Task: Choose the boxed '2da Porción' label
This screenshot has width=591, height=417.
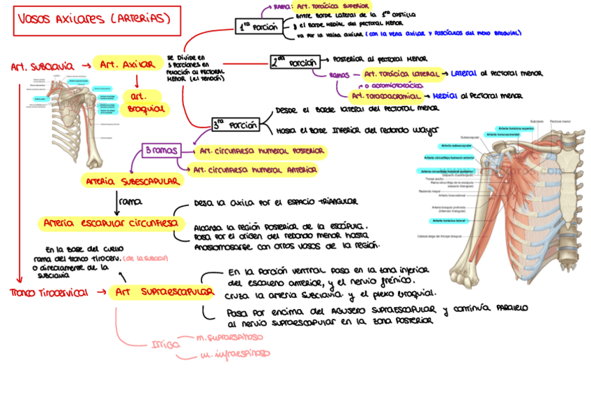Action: coord(295,63)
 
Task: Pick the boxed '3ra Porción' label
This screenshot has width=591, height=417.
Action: coord(236,125)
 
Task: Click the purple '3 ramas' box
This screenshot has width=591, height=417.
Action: coord(160,150)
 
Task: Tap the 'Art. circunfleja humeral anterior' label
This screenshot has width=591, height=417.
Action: coord(255,169)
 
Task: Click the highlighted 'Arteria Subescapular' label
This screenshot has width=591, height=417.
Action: coord(132,181)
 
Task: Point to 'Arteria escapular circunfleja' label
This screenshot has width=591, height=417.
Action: coord(112,223)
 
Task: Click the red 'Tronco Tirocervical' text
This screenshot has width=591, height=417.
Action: coord(49,292)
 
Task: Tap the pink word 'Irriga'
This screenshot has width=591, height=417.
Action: coord(166,344)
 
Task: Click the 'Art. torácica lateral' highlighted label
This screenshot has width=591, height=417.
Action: coord(401,73)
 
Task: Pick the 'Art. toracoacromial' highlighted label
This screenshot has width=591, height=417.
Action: coord(385,96)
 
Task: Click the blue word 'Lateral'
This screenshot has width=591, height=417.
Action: coord(463,73)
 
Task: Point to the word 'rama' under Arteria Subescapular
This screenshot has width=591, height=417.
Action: coord(130,201)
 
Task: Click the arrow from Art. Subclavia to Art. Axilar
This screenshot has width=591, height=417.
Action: coord(84,66)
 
